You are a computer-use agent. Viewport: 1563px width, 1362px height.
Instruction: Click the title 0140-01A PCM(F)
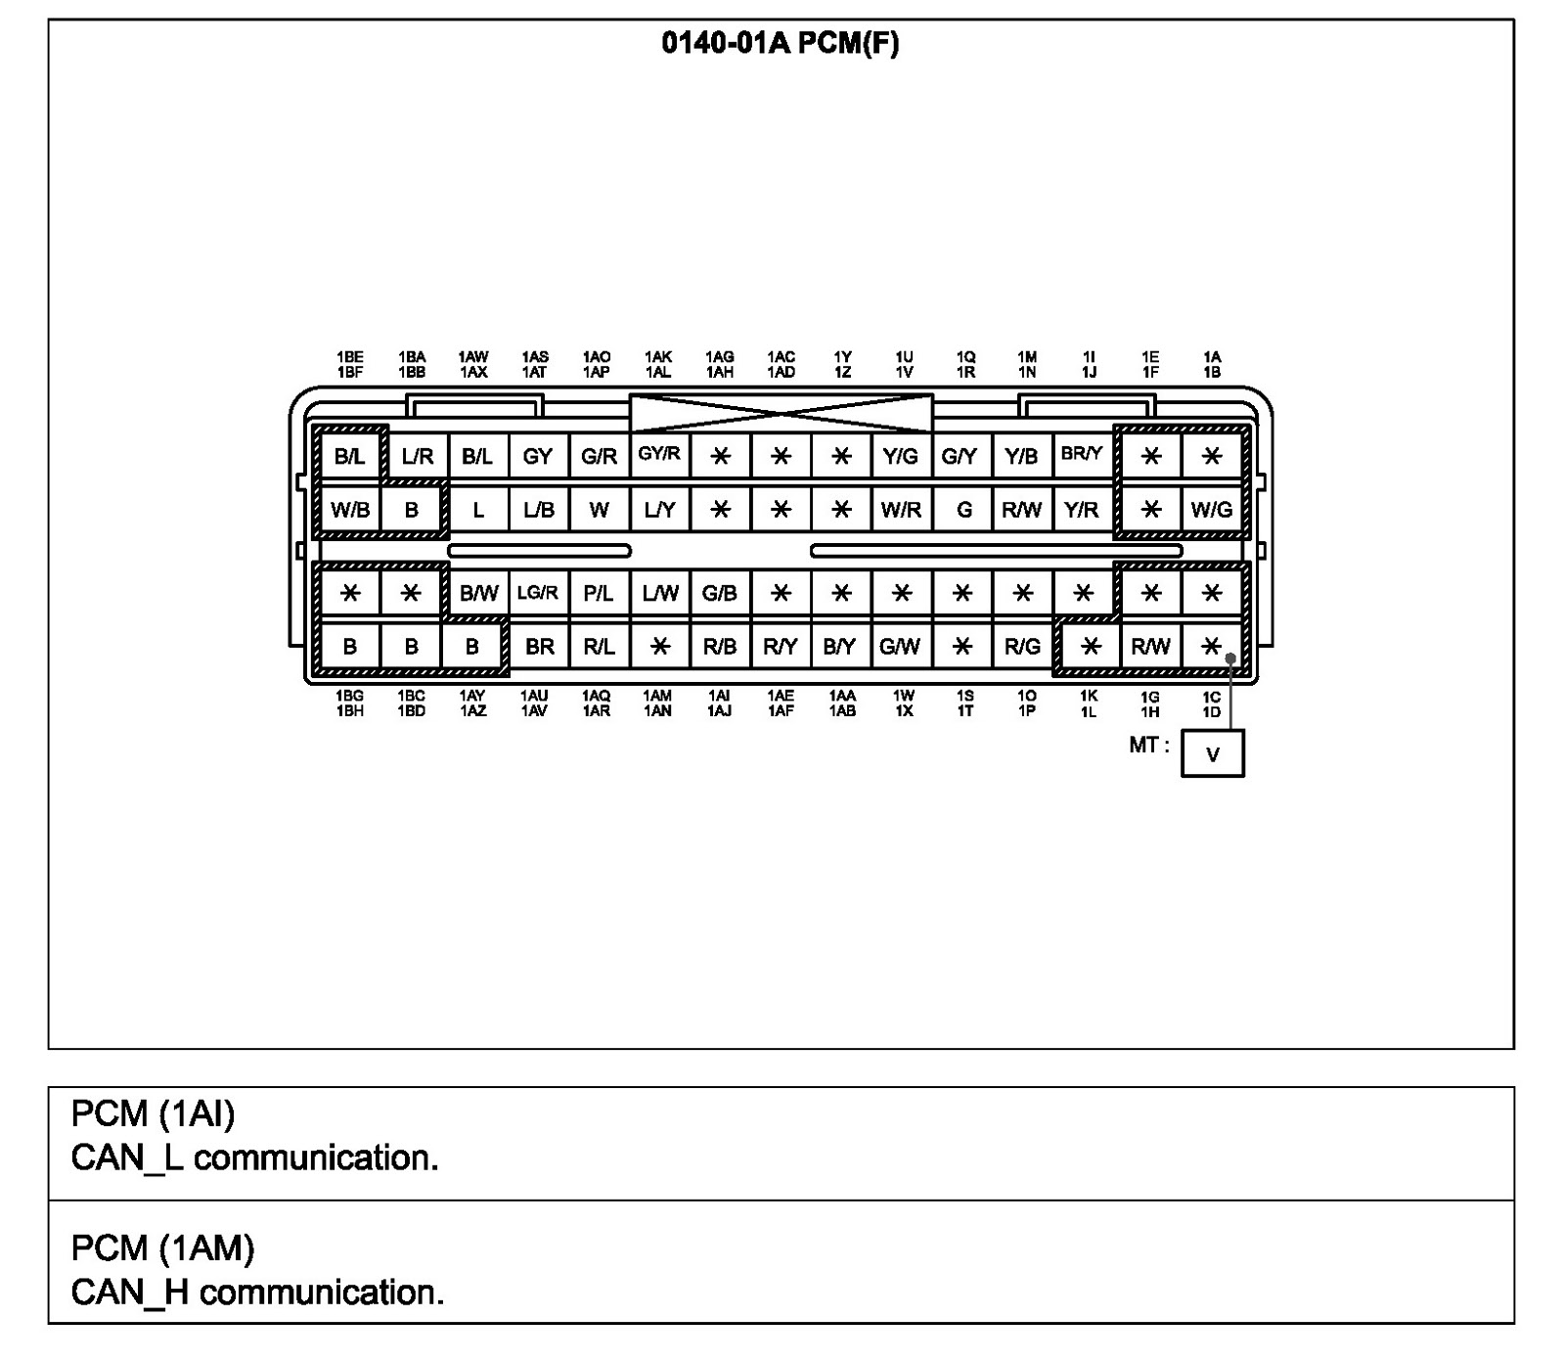coord(780,44)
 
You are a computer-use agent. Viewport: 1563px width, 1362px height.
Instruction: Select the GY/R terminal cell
coord(659,454)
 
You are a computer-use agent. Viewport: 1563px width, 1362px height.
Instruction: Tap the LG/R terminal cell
coord(537,593)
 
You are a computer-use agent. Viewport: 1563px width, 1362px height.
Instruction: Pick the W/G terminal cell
coord(1211,510)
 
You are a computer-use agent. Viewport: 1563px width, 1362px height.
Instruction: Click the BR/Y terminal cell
coord(1081,454)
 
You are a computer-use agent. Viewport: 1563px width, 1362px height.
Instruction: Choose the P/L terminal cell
coord(598,593)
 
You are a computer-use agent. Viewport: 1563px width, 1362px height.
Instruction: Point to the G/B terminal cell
coord(719,593)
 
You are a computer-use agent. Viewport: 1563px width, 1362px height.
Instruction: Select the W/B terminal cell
coord(350,510)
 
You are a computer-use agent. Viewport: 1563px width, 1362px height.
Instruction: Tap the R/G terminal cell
coord(1022,646)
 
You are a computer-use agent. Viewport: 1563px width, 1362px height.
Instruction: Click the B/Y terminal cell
coord(839,646)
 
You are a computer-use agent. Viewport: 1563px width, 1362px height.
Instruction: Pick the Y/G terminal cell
coord(900,456)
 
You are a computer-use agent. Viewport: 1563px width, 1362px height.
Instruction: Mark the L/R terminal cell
coord(418,456)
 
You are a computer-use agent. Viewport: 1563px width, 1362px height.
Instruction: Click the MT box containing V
coord(1212,753)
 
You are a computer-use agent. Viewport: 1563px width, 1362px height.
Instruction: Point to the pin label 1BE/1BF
coord(350,365)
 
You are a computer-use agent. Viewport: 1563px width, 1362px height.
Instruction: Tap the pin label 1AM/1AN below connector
coord(657,704)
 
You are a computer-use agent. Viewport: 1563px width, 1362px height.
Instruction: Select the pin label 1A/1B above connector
coord(1212,365)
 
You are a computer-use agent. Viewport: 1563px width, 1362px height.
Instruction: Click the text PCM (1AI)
coord(153,1113)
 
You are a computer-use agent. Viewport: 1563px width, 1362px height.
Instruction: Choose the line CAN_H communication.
coord(257,1293)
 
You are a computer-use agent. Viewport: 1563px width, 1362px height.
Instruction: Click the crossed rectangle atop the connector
coord(781,413)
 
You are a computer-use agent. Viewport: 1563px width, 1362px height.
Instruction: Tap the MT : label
coord(1148,746)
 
